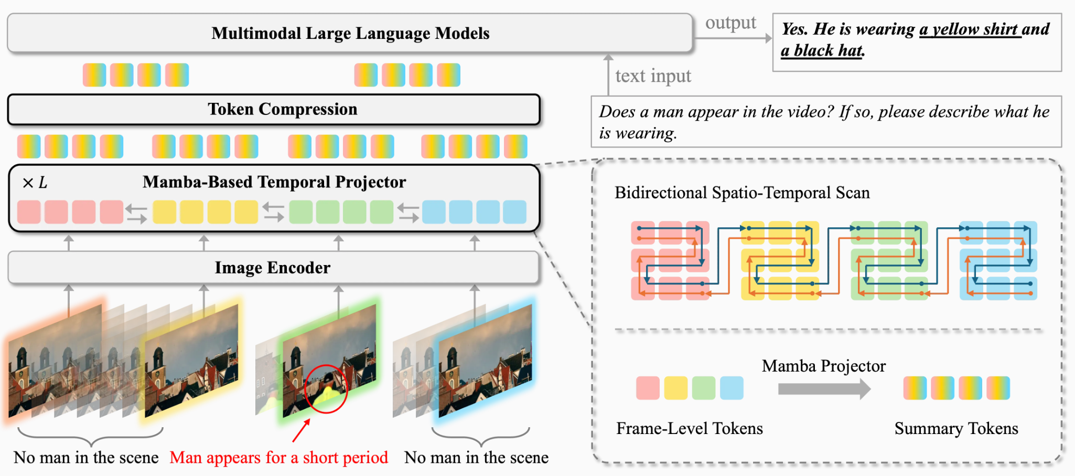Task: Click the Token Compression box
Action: click(274, 109)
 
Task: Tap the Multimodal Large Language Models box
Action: click(350, 33)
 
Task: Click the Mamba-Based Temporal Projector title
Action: click(274, 182)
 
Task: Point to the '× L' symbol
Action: click(35, 183)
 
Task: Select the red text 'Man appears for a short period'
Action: click(279, 458)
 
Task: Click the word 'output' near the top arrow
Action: click(730, 23)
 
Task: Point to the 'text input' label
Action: click(653, 76)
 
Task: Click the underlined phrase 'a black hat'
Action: click(822, 50)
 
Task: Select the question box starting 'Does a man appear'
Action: click(826, 122)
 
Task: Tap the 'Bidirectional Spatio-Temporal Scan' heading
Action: click(742, 193)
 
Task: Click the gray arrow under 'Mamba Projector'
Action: click(824, 389)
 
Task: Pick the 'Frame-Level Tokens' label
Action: click(690, 428)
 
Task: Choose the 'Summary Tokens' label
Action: click(956, 428)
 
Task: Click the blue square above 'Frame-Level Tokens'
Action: click(732, 388)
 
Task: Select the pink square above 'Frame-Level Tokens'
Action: click(648, 388)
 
